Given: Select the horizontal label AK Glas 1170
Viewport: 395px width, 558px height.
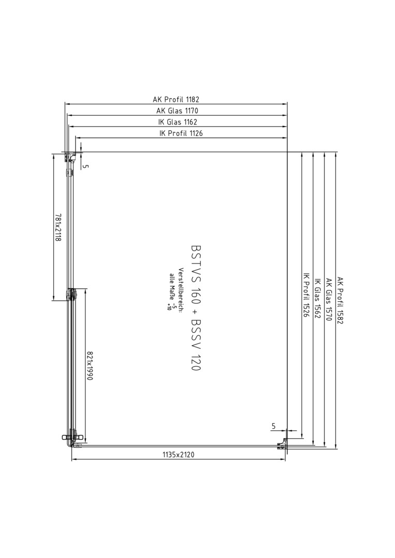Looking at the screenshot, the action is click(177, 111).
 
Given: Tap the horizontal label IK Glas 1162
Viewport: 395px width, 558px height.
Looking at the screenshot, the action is click(178, 122).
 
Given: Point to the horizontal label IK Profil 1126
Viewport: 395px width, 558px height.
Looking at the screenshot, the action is click(181, 133).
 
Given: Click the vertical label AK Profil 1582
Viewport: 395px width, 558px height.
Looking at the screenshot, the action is click(340, 301).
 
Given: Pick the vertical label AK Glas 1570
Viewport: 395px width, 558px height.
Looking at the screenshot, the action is click(329, 300).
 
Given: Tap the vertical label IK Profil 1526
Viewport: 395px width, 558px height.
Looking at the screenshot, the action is click(306, 295).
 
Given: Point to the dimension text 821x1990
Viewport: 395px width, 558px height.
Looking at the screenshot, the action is click(90, 366).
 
